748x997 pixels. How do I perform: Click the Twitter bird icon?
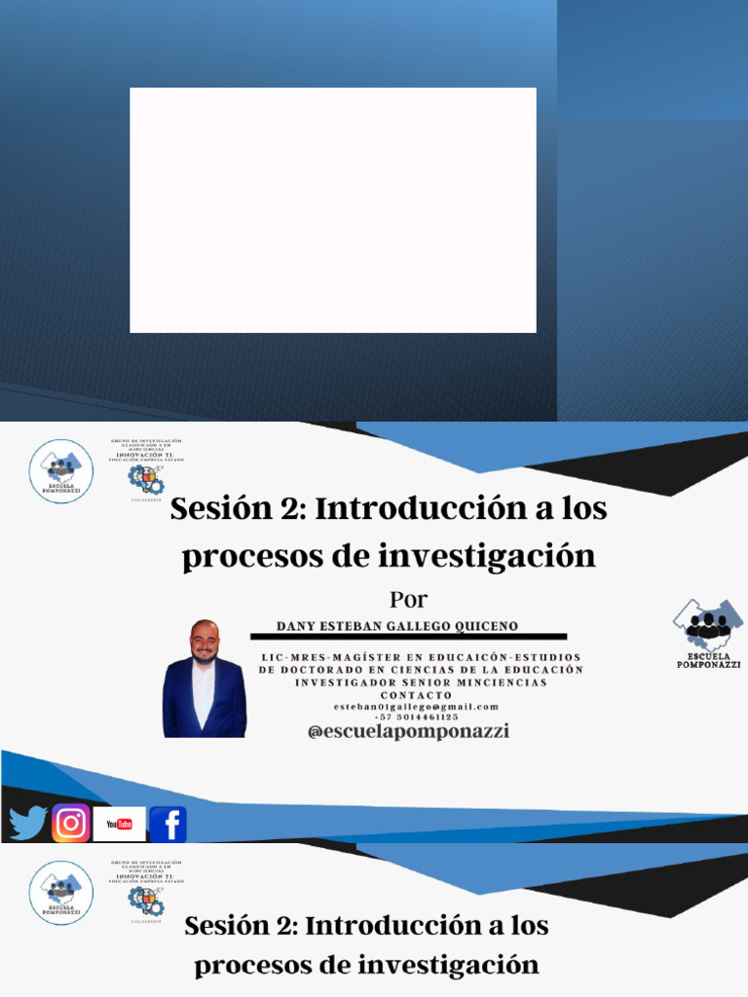[28, 824]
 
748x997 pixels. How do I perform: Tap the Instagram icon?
[71, 824]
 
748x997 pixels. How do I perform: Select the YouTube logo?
[120, 824]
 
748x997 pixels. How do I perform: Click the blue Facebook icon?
[168, 825]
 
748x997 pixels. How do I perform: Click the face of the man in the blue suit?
[204, 643]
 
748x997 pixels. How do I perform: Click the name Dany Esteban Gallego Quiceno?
[397, 625]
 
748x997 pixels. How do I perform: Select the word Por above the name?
[408, 599]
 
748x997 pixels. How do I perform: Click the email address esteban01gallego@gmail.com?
[416, 706]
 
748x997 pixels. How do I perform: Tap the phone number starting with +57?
[416, 717]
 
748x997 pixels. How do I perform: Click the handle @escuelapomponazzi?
[408, 731]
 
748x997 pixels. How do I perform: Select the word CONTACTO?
[416, 695]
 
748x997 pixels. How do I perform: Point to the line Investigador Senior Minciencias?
[421, 683]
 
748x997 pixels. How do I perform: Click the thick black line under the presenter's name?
[408, 637]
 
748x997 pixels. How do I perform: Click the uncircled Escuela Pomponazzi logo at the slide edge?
[708, 631]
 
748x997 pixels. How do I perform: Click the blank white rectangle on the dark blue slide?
[333, 210]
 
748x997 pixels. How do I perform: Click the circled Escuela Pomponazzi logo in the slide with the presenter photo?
[61, 471]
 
